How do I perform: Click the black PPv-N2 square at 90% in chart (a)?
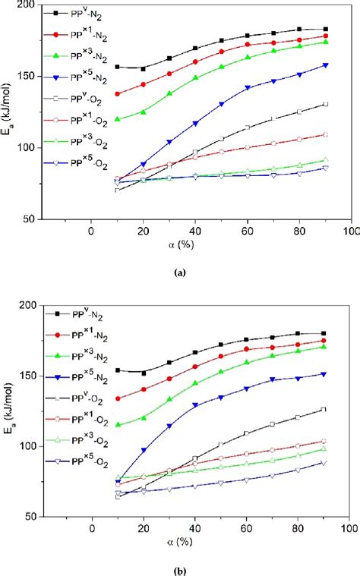pos(325,29)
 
